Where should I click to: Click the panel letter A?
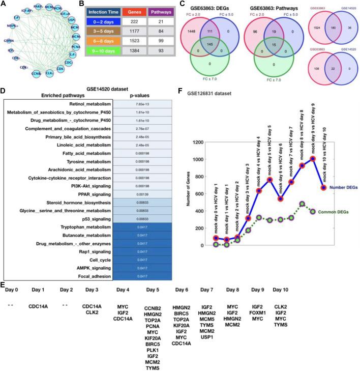[x=4, y=5]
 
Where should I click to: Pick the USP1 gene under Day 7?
[x=206, y=336]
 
